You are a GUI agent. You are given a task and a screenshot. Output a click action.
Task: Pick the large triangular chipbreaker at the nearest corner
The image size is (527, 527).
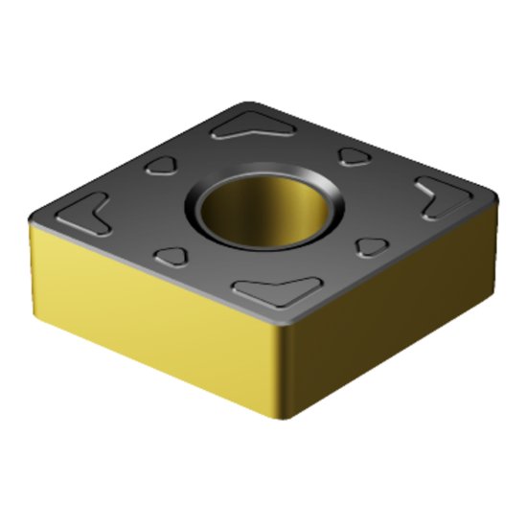279,291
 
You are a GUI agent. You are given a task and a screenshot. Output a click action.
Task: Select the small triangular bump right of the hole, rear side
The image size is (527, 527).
355,155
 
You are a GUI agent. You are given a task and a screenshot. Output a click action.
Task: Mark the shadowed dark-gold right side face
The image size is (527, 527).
393,307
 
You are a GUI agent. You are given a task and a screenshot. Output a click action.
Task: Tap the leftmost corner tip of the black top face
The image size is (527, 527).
31,219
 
